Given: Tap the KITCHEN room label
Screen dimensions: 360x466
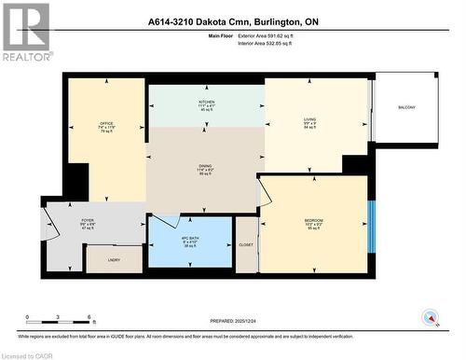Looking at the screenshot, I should pyautogui.click(x=206, y=101).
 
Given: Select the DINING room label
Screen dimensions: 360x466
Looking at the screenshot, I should pyautogui.click(x=204, y=167).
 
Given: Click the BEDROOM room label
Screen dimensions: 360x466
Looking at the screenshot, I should pyautogui.click(x=314, y=220).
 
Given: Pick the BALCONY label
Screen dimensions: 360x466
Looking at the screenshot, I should pyautogui.click(x=406, y=107).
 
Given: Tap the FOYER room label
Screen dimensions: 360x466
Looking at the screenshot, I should pyautogui.click(x=87, y=221).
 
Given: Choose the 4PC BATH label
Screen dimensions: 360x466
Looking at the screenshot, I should pyautogui.click(x=189, y=237).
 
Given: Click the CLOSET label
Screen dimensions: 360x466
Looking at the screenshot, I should pyautogui.click(x=246, y=244).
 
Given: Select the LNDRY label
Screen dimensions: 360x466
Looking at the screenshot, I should pyautogui.click(x=114, y=260).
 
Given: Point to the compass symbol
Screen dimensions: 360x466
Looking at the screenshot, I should pyautogui.click(x=431, y=317).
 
